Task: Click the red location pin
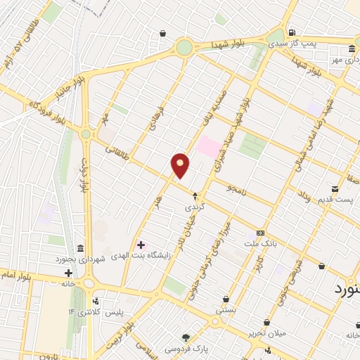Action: (181, 165)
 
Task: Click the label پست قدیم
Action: (333, 200)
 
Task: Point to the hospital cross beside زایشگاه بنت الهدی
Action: (141, 245)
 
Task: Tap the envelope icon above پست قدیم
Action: (334, 188)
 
